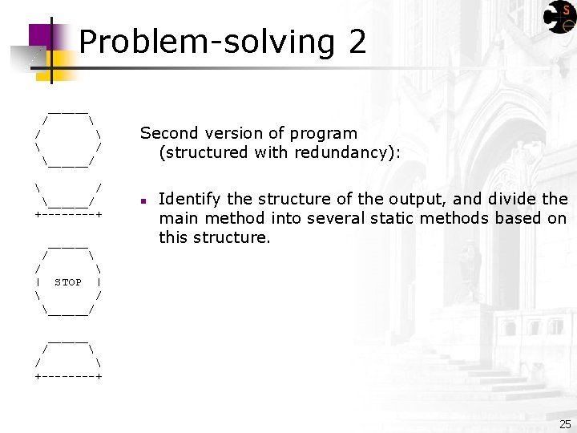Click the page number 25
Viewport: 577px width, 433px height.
click(x=565, y=424)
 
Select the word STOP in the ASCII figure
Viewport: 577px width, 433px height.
click(x=68, y=282)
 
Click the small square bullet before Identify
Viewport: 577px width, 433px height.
click(x=141, y=200)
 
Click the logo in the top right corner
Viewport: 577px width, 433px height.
click(x=559, y=18)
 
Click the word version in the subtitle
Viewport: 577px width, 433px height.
click(x=232, y=133)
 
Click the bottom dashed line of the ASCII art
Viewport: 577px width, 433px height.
click(x=68, y=375)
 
